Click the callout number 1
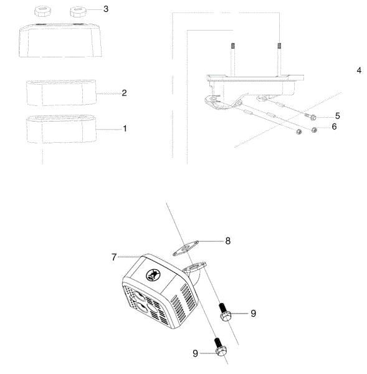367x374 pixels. [125, 129]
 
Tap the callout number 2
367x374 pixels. [124, 93]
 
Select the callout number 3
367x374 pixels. [106, 9]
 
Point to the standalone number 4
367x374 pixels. [359, 70]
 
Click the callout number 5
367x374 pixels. [338, 116]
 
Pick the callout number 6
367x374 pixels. [335, 127]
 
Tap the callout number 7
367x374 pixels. [114, 257]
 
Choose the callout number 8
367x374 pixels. [228, 241]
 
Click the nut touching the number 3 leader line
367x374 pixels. [79, 12]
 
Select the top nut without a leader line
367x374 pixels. [43, 11]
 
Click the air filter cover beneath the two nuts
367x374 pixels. [61, 41]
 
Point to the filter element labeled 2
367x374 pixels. [62, 93]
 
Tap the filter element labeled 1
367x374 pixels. [62, 129]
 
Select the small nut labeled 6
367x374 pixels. [315, 130]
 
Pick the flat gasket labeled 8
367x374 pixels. [186, 249]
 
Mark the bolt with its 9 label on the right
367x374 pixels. [224, 312]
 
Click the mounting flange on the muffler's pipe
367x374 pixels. [194, 267]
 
